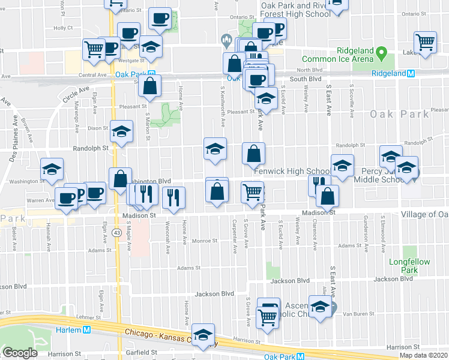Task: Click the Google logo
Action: pyautogui.click(x=19, y=353)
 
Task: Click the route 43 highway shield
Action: pyautogui.click(x=116, y=233)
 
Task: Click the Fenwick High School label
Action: pyautogui.click(x=291, y=171)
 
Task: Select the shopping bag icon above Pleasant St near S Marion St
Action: pyautogui.click(x=149, y=86)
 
